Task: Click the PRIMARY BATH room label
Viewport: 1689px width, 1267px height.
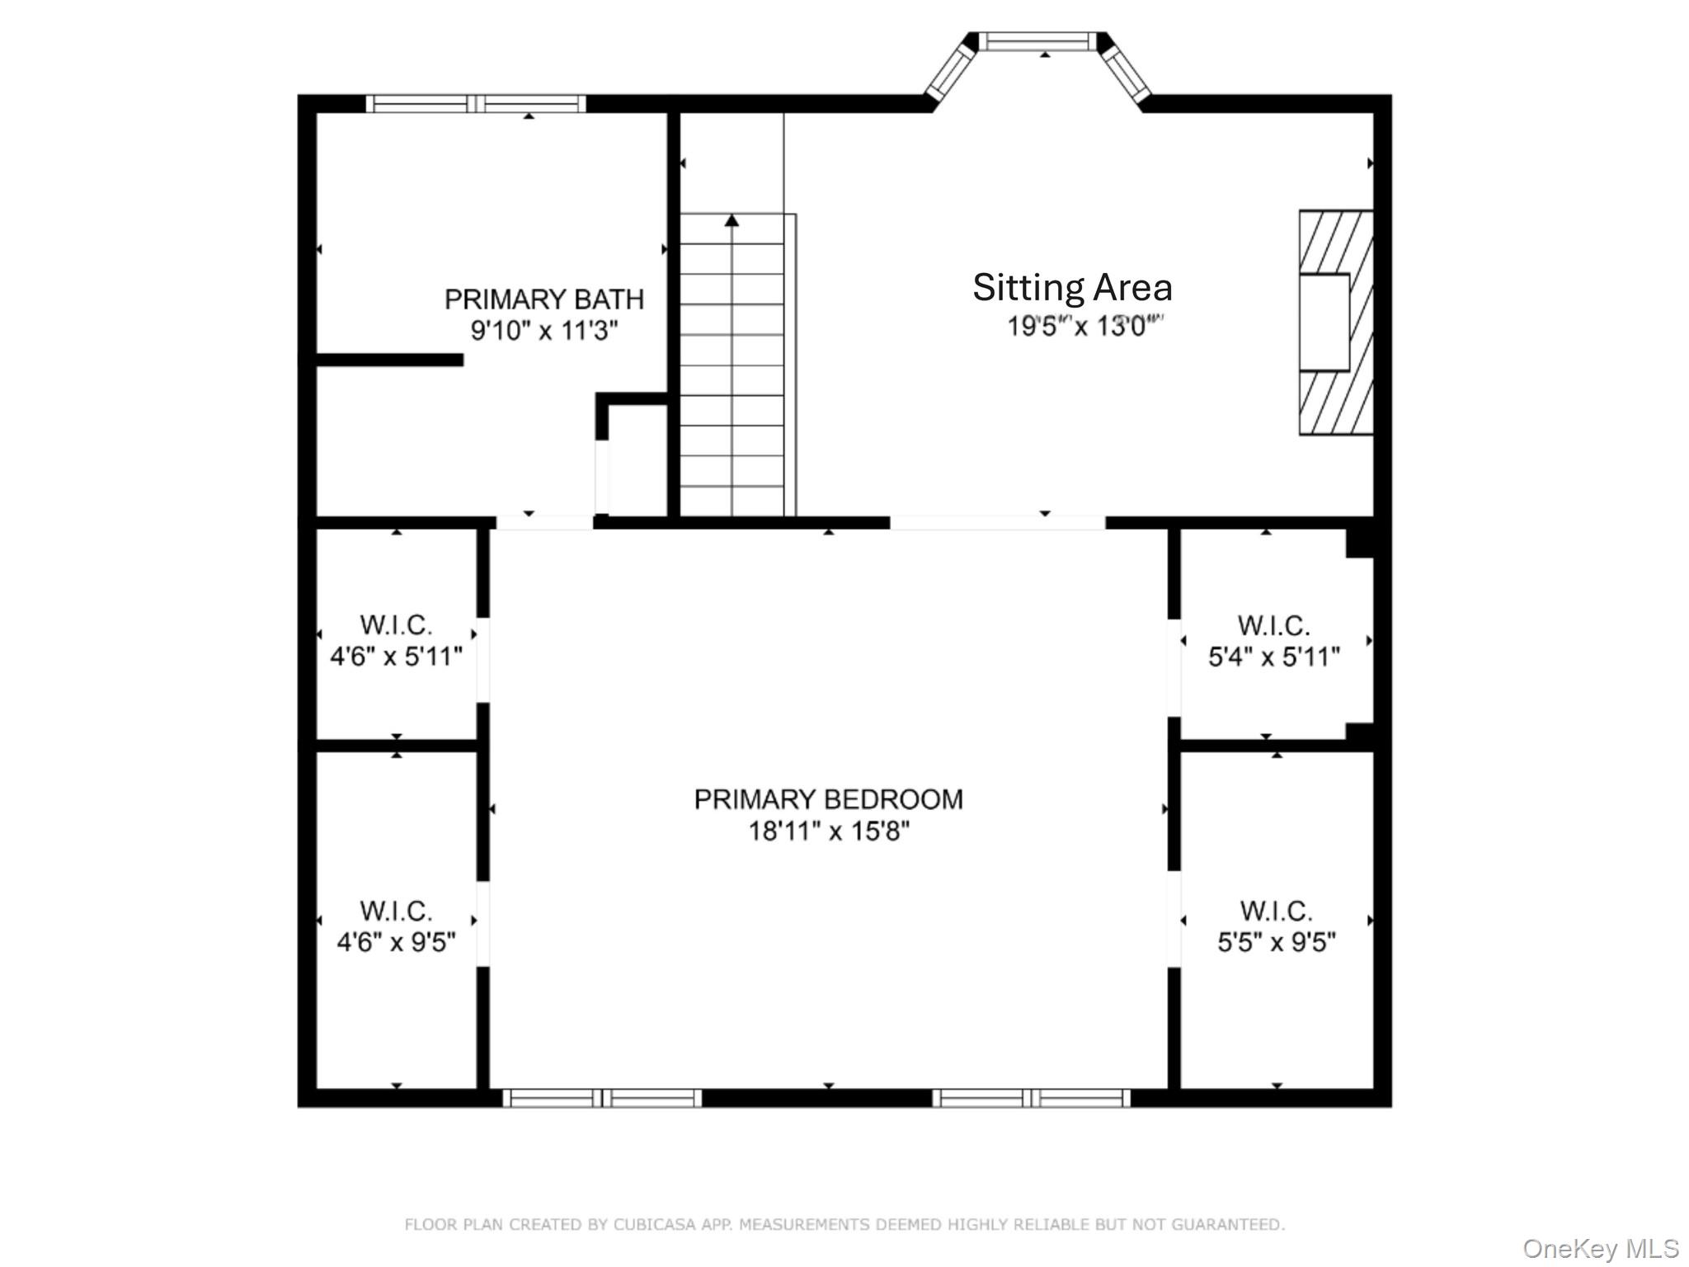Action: [x=543, y=299]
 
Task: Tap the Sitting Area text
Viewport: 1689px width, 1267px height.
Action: [x=1071, y=288]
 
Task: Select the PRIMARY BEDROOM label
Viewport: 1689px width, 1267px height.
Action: [x=828, y=799]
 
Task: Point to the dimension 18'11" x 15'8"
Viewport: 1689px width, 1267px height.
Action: [x=828, y=831]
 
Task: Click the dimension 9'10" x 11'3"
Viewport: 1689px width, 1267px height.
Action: [x=543, y=331]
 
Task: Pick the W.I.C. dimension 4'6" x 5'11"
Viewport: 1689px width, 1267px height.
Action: [x=396, y=657]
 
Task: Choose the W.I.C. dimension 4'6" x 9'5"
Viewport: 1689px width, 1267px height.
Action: [x=396, y=941]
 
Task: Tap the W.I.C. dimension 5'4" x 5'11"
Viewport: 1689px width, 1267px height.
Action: [x=1273, y=657]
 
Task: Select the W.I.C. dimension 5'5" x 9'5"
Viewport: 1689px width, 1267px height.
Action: [x=1276, y=941]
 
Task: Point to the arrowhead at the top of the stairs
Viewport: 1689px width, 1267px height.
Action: [x=732, y=220]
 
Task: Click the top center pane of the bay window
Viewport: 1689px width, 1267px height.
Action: [x=1038, y=41]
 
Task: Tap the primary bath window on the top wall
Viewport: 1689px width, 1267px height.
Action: [x=476, y=104]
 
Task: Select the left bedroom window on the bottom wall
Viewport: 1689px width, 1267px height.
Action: [x=602, y=1098]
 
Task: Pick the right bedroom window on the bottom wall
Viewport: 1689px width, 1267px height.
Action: [x=1031, y=1098]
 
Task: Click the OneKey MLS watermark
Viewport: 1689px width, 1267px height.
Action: [x=1600, y=1248]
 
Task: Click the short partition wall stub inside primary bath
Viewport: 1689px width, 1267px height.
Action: [x=389, y=360]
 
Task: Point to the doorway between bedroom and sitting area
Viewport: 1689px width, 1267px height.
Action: [x=997, y=523]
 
